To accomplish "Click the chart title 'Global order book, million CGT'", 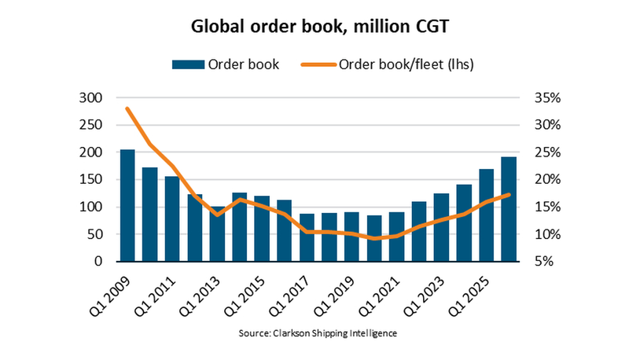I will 320,27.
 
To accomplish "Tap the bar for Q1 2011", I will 172,219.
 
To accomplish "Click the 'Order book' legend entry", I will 227,64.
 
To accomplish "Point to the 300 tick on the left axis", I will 93,98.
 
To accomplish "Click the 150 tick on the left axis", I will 93,180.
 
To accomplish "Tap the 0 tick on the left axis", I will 100,262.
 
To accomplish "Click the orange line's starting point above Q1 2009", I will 127,108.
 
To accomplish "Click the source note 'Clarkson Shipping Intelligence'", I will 318,333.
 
